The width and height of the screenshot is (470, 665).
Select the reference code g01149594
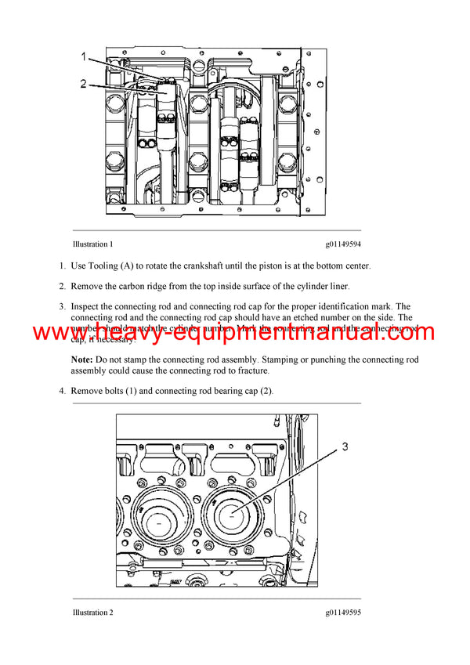[x=341, y=244]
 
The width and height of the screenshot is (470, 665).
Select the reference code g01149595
[x=341, y=613]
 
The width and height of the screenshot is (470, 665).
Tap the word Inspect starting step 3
[x=87, y=307]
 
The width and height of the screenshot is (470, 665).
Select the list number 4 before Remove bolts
[x=62, y=390]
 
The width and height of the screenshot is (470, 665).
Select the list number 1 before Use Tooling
[x=62, y=266]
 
